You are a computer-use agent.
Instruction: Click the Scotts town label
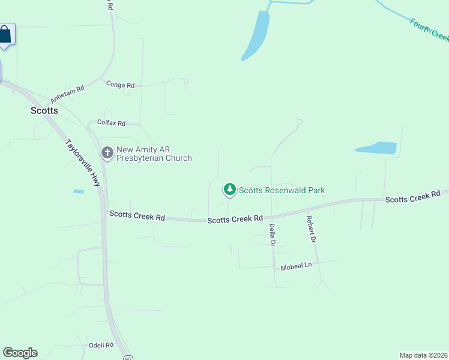coord(44,110)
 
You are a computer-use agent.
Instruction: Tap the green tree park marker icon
coord(229,190)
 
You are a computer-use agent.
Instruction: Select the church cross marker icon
coord(107,154)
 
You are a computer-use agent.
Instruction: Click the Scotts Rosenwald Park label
coord(282,191)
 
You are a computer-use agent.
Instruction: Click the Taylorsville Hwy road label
coord(83,164)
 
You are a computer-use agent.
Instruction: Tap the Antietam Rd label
coord(67,93)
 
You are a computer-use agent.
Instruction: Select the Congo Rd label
coord(120,85)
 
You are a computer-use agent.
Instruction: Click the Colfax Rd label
coord(111,124)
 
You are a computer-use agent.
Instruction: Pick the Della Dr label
coord(272,235)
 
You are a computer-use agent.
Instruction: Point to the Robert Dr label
coord(310,229)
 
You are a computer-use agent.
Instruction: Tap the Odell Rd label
coord(101,345)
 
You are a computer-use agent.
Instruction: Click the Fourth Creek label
coord(429,30)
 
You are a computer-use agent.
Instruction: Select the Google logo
coord(20,353)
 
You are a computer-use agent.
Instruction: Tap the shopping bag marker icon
coord(5,35)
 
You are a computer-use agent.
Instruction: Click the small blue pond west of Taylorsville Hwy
coord(79,191)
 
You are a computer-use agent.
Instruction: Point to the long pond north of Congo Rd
coord(256,36)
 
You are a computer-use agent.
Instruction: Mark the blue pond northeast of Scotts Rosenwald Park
coord(376,148)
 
